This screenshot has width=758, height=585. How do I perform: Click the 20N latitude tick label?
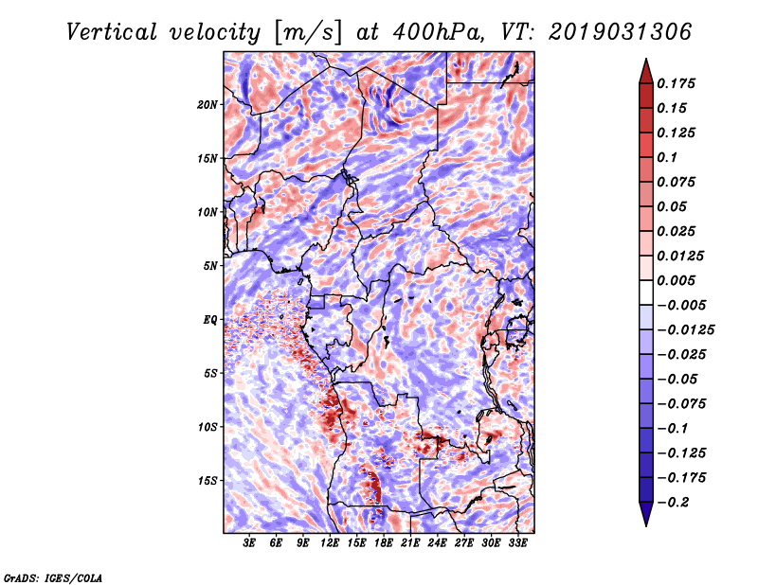coord(208,104)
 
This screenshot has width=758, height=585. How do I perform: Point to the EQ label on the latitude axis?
coord(210,319)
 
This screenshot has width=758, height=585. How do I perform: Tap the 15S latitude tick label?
coord(208,480)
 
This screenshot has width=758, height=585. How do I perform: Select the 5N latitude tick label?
coord(210,265)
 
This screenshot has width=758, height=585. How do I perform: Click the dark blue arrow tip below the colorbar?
coord(645,523)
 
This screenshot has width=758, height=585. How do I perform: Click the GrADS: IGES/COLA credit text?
coord(53,576)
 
